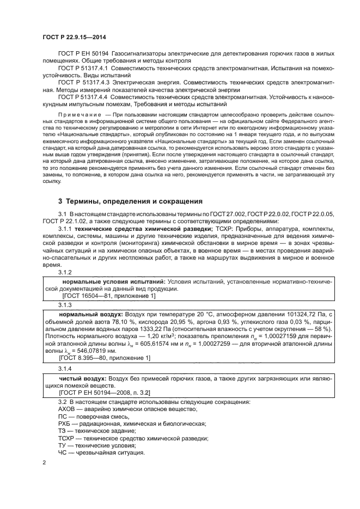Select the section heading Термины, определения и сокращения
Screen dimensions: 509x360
[127, 201]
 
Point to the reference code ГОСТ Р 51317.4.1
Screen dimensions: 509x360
[84, 69]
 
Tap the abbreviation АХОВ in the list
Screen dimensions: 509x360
[67, 409]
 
